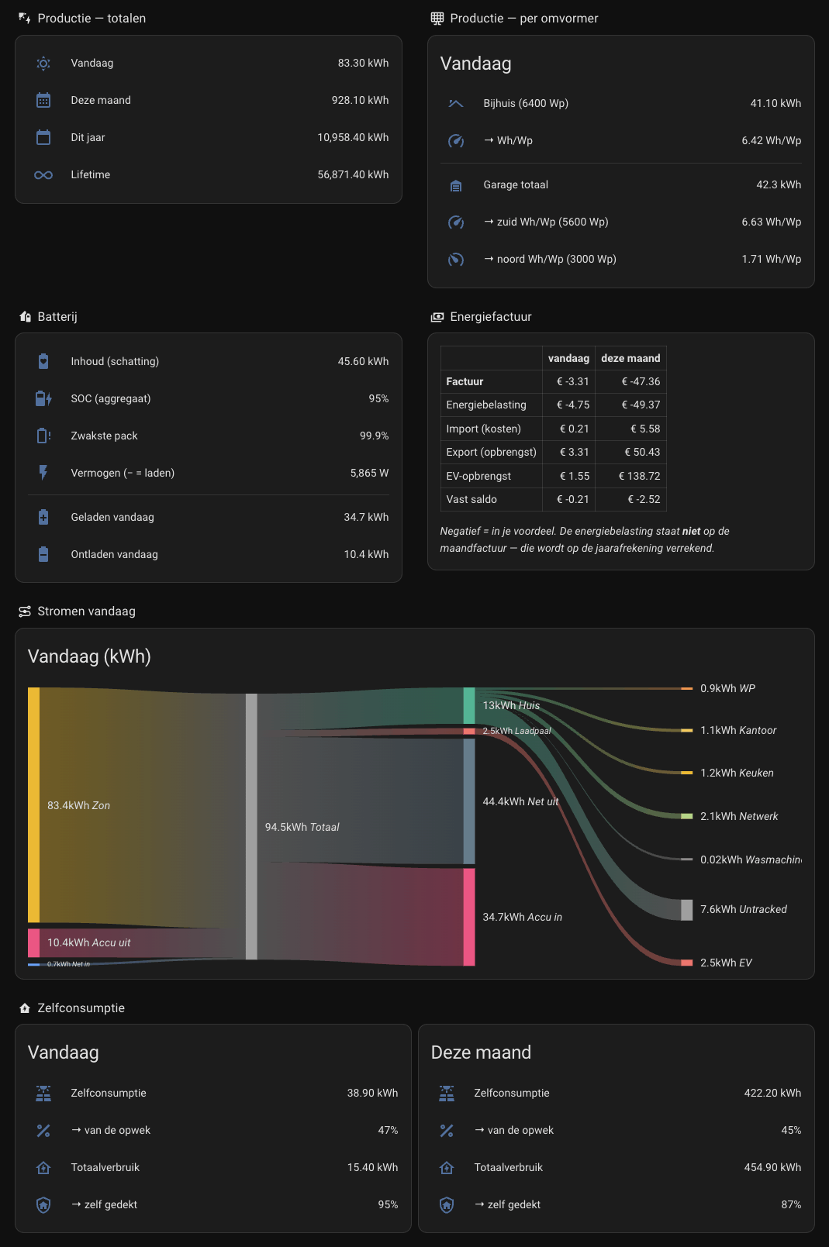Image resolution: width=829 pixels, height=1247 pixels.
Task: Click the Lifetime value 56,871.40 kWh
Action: pyautogui.click(x=353, y=175)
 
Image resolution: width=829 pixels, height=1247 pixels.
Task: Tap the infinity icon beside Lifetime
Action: pyautogui.click(x=43, y=175)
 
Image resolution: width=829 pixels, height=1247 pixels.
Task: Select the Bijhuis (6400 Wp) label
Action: pyautogui.click(x=526, y=103)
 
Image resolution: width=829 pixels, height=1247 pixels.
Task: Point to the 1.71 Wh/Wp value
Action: pyautogui.click(x=772, y=259)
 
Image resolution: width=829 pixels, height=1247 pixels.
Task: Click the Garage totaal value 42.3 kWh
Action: pyautogui.click(x=779, y=184)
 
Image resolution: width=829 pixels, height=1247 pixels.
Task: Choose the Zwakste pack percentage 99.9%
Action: pyautogui.click(x=375, y=436)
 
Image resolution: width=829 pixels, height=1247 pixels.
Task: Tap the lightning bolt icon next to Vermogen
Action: pyautogui.click(x=43, y=473)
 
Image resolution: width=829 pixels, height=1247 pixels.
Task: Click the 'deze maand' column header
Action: pyautogui.click(x=630, y=359)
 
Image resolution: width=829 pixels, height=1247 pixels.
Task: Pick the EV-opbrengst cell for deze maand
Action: pyautogui.click(x=640, y=476)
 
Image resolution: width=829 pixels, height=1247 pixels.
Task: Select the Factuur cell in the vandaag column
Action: pyautogui.click(x=573, y=382)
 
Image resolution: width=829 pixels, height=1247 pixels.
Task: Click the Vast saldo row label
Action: pyautogui.click(x=471, y=499)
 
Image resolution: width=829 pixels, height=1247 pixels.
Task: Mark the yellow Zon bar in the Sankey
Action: pyautogui.click(x=34, y=805)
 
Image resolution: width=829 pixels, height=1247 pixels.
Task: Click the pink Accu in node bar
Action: pyautogui.click(x=469, y=917)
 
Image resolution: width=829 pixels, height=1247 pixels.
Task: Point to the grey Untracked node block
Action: pyautogui.click(x=687, y=910)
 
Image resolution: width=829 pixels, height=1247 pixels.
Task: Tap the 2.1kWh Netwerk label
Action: pyautogui.click(x=739, y=816)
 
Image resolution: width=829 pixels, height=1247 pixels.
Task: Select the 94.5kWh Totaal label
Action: pyautogui.click(x=302, y=827)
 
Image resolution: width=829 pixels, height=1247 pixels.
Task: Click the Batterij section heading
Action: pyautogui.click(x=57, y=317)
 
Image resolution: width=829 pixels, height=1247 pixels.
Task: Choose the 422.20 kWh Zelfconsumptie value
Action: pyautogui.click(x=772, y=1093)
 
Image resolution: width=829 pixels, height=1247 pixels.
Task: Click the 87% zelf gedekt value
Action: pyautogui.click(x=791, y=1204)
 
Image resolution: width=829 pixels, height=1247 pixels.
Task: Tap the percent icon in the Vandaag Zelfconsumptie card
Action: pyautogui.click(x=43, y=1131)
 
